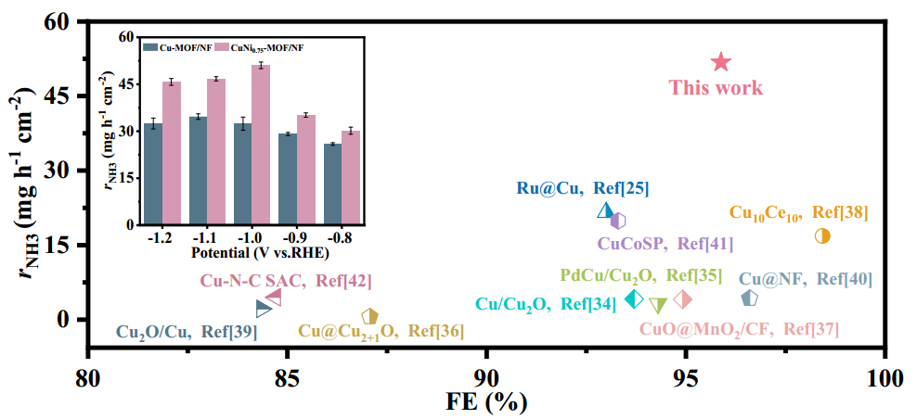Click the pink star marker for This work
721,62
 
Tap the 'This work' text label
716,88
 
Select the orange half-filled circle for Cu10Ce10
822,235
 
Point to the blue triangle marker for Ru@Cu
605,210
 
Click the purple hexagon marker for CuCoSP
618,220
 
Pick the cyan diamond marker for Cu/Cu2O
635,298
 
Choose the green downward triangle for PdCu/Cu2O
658,305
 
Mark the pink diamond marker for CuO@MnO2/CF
683,298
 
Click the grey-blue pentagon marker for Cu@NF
750,298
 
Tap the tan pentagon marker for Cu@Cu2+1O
369,317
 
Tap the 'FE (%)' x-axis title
488,402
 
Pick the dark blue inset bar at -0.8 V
332,184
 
